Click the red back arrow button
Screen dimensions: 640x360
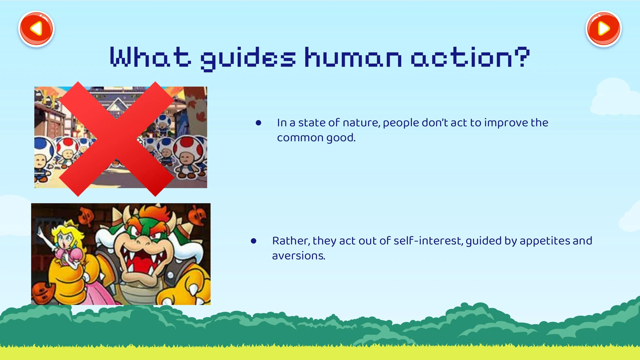tap(36, 29)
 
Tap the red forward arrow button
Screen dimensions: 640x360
tap(604, 29)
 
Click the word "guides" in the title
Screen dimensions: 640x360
tap(248, 59)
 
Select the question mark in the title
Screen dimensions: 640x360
tap(522, 57)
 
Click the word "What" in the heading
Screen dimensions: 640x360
tap(151, 57)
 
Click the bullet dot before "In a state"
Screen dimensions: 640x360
tap(259, 123)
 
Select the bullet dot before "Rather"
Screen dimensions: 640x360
tap(254, 241)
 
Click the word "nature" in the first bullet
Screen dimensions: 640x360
tap(361, 123)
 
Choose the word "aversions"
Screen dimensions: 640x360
tap(298, 256)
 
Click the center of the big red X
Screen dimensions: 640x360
tap(117, 139)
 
